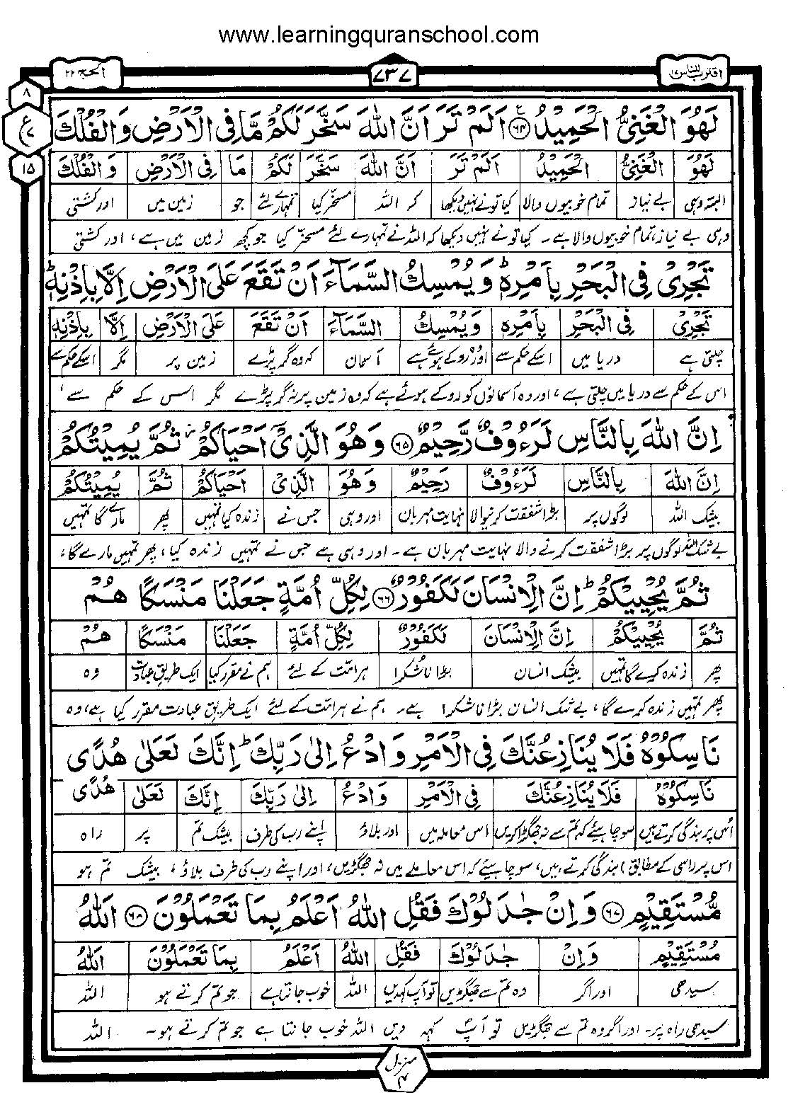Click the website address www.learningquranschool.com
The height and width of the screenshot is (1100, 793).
(378, 34)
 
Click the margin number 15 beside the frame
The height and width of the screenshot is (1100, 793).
(27, 169)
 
